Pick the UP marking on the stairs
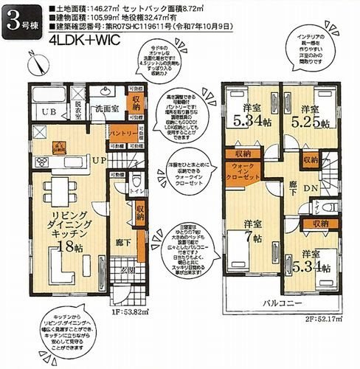97,159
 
